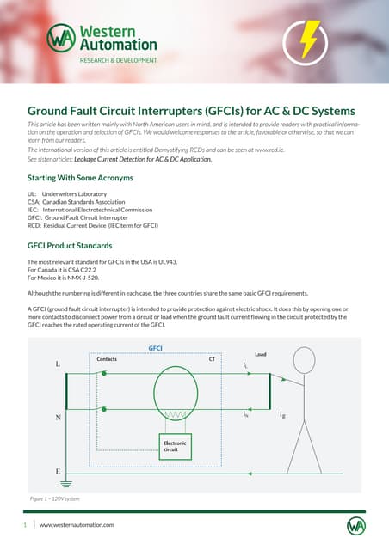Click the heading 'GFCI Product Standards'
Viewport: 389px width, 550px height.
(x=65, y=244)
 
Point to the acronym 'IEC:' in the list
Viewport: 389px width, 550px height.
(x=34, y=210)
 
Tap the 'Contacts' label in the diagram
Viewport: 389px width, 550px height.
(x=107, y=359)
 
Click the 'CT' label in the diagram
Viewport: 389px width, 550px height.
(x=212, y=359)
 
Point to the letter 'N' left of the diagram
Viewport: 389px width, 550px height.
(x=59, y=419)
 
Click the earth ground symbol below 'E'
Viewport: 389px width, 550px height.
(x=58, y=484)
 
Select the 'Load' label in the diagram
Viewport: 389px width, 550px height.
(x=260, y=353)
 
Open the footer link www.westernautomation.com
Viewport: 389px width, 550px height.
(x=77, y=524)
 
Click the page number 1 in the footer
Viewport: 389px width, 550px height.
(x=26, y=524)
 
